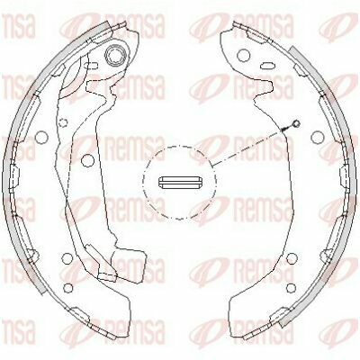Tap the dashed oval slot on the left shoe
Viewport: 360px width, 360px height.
pos(91,65)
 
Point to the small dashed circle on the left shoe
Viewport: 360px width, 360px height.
pos(63,122)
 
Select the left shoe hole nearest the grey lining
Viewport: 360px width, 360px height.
pos(41,138)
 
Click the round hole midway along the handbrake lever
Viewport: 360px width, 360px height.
pos(87,160)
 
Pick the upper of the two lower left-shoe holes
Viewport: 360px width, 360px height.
pos(67,258)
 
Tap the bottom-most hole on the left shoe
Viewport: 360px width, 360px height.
pos(68,288)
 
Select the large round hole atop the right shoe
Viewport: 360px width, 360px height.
pos(243,55)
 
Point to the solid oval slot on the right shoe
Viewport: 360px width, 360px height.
pos(267,66)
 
